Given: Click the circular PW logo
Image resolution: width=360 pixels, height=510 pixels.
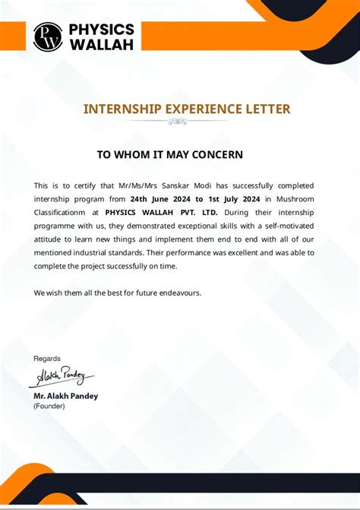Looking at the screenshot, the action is click(48, 36).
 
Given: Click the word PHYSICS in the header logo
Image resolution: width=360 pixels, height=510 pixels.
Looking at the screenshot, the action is click(101, 30).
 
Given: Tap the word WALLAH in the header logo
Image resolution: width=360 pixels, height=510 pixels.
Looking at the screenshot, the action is click(101, 44).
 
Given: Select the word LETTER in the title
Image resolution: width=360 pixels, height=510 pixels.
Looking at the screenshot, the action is click(268, 109).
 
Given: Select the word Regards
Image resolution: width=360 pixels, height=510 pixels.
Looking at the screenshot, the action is click(47, 358).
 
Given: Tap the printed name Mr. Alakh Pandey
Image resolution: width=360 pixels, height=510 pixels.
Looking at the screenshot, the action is click(65, 396).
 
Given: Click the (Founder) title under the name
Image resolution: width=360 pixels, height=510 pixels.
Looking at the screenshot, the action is click(49, 406).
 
